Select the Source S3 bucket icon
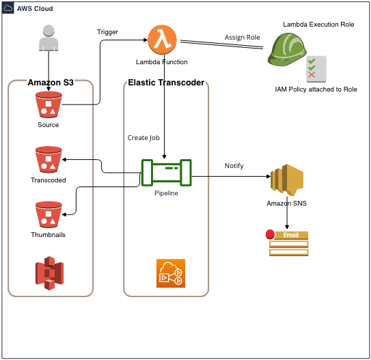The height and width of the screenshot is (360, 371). click(x=48, y=105)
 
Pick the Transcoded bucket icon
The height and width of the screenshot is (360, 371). click(x=48, y=160)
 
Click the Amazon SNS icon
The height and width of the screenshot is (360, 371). click(x=286, y=180)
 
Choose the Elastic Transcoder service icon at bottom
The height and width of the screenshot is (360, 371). click(x=169, y=273)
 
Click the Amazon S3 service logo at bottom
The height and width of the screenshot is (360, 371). click(x=48, y=272)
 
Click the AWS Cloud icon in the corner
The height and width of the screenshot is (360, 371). click(x=9, y=8)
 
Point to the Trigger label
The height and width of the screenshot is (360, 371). click(x=108, y=32)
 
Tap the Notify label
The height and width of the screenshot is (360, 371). click(x=234, y=166)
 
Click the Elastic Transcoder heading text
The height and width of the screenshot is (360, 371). click(x=165, y=83)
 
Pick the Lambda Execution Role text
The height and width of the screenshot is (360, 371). click(x=318, y=24)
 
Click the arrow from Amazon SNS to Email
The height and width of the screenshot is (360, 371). click(x=286, y=219)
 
